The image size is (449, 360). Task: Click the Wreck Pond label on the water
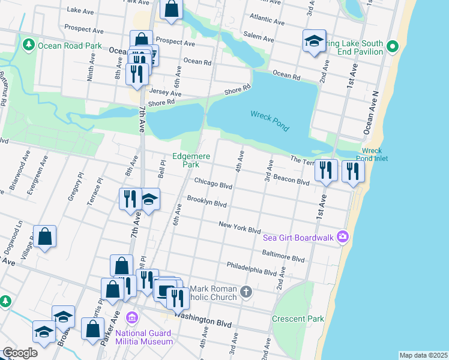[x=270, y=120]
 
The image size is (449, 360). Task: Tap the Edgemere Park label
[x=191, y=160]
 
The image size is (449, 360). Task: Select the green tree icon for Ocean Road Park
[x=28, y=45]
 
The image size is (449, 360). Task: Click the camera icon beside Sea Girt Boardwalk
[x=342, y=236]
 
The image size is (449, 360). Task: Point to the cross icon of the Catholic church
[x=246, y=292]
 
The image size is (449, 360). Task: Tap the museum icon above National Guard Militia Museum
[x=133, y=317]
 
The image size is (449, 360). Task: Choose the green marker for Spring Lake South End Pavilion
[x=392, y=46]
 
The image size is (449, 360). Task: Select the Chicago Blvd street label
[x=212, y=184]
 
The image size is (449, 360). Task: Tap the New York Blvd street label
[x=240, y=227]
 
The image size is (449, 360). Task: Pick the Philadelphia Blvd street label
[x=252, y=268]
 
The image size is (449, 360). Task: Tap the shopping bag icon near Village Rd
[x=45, y=237]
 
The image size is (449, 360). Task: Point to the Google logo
[x=20, y=352]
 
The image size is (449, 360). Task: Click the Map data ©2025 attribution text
[x=423, y=355]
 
